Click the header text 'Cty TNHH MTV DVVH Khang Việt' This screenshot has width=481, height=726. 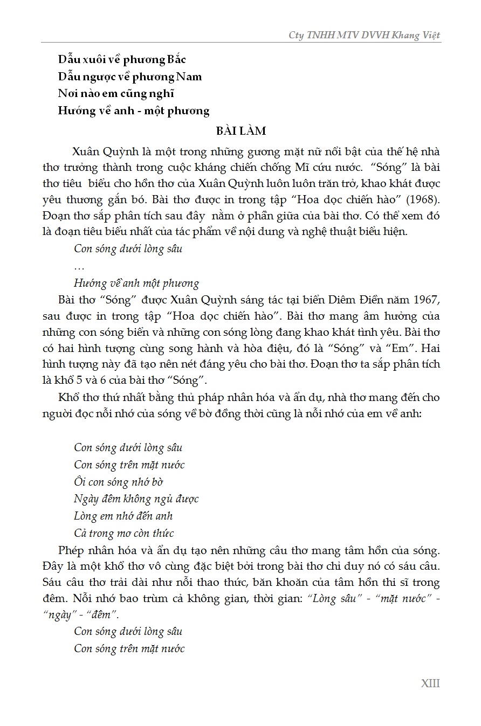(365, 35)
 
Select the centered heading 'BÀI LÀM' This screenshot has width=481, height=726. (241, 131)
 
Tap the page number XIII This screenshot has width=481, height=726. (430, 683)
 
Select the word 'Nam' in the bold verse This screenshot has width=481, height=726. (189, 77)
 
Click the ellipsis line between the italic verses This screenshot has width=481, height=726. (79, 267)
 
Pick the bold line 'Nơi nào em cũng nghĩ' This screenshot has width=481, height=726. (116, 94)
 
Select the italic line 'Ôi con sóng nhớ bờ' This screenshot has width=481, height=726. (119, 482)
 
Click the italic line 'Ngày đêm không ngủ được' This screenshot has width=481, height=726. (136, 499)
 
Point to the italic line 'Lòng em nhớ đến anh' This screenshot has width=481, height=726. (123, 516)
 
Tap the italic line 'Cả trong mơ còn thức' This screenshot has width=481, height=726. (124, 534)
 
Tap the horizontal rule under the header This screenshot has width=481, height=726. (241, 43)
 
